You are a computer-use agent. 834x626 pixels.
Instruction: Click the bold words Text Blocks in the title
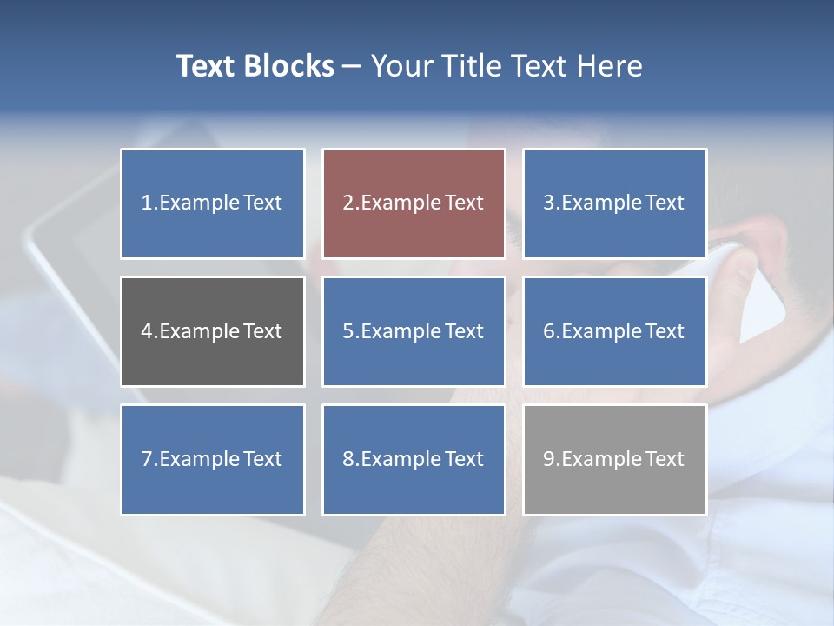(x=255, y=66)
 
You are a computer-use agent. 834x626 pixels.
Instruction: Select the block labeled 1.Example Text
(x=212, y=203)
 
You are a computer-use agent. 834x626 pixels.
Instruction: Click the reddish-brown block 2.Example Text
(x=414, y=203)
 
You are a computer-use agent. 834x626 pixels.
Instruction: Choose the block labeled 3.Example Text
(x=614, y=203)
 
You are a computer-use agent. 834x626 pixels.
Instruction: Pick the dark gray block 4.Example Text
(x=212, y=331)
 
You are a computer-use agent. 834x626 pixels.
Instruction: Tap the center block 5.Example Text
(x=414, y=331)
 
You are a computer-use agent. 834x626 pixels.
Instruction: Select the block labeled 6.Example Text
(x=614, y=331)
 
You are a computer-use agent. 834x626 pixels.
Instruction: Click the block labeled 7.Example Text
(x=212, y=459)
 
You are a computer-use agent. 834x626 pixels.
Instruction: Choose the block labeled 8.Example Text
(x=414, y=459)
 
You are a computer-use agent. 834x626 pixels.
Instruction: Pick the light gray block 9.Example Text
(x=614, y=459)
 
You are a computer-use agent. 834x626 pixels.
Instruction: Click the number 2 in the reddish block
(x=348, y=203)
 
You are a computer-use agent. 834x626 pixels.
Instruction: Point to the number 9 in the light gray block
(x=549, y=459)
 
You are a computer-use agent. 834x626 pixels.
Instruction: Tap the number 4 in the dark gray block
(x=147, y=331)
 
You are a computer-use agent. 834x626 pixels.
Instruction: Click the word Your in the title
(x=400, y=66)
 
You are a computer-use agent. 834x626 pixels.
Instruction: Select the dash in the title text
(x=352, y=67)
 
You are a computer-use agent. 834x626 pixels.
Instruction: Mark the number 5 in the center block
(x=347, y=331)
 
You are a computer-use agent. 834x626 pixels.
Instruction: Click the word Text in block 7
(x=262, y=459)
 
